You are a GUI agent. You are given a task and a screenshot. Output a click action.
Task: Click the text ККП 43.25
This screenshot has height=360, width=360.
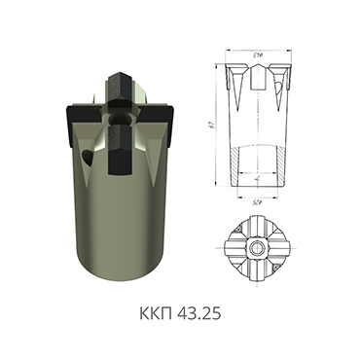click(x=180, y=317)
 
